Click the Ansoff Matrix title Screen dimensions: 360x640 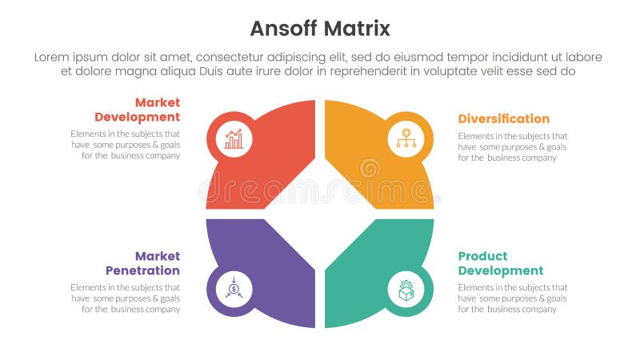pyautogui.click(x=320, y=29)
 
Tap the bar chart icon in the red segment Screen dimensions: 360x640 pyautogui.click(x=234, y=139)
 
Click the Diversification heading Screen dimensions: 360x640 pyautogui.click(x=503, y=118)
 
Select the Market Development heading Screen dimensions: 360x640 pyautogui.click(x=137, y=110)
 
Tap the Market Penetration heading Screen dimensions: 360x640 pyautogui.click(x=142, y=263)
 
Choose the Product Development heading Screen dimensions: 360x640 pyautogui.click(x=500, y=263)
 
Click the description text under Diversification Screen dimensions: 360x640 pyautogui.click(x=513, y=146)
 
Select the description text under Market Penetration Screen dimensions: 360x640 pyautogui.click(x=126, y=298)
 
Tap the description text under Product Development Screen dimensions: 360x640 pyautogui.click(x=513, y=298)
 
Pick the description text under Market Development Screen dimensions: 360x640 pyautogui.click(x=126, y=144)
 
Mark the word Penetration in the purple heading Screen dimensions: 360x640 pyautogui.click(x=142, y=270)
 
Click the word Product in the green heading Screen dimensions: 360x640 pyautogui.click(x=482, y=256)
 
